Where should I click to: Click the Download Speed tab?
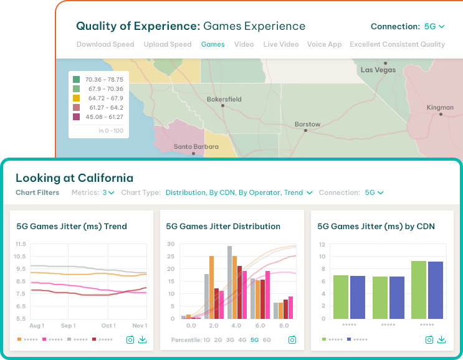tap(105, 44)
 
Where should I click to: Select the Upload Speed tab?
tap(168, 44)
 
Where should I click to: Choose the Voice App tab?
tap(325, 44)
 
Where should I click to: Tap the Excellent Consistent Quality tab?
tap(397, 44)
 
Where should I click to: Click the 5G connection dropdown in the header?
tap(434, 27)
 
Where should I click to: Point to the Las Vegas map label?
tap(378, 70)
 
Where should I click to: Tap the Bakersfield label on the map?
tap(224, 99)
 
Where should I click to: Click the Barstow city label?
tap(308, 124)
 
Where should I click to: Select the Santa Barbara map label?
tap(196, 146)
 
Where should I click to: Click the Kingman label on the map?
tap(440, 107)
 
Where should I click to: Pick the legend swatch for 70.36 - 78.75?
tap(76, 80)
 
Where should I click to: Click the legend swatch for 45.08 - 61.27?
tap(76, 117)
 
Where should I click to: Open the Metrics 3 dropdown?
tap(108, 193)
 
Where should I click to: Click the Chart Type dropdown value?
tap(239, 193)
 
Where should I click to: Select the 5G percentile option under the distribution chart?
tap(254, 340)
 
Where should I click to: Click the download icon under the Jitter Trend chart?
tap(143, 339)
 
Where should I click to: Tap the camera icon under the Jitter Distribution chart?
tap(292, 339)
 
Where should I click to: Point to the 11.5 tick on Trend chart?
tap(19, 244)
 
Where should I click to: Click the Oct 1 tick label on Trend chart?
tap(108, 326)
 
